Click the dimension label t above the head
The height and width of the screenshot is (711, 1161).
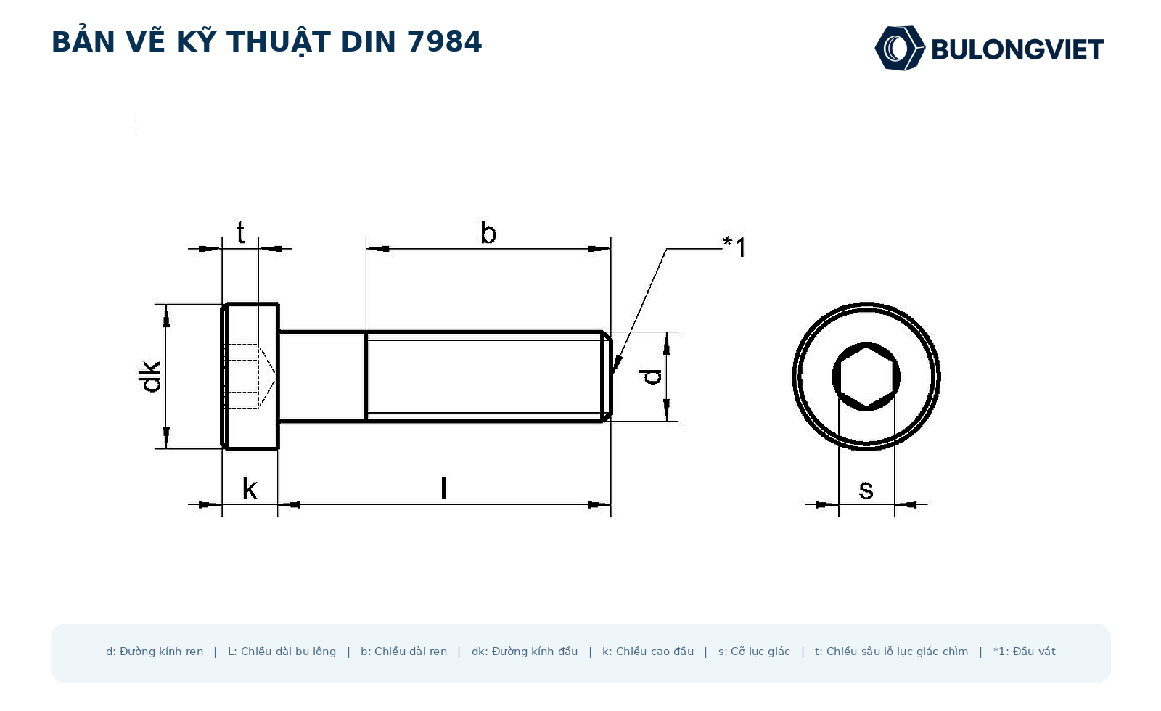(x=240, y=233)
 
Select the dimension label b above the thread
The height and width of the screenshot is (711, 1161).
(x=488, y=233)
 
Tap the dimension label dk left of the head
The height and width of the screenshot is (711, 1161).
(x=149, y=377)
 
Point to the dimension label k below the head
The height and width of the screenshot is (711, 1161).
(x=250, y=489)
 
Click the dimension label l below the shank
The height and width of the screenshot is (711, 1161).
(x=443, y=489)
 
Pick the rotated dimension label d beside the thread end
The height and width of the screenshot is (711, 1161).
(x=652, y=377)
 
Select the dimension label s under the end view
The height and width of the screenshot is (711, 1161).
(x=866, y=490)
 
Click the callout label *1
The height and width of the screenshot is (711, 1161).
(x=734, y=247)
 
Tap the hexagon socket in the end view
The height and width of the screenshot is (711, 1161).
(x=866, y=377)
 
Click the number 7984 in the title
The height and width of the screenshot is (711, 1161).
(x=445, y=42)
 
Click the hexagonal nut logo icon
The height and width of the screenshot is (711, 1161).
(x=900, y=48)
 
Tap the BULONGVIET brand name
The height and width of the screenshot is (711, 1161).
(x=1017, y=50)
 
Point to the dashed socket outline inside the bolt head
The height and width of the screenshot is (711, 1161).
(x=249, y=377)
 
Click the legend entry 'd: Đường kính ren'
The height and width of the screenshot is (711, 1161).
(x=155, y=652)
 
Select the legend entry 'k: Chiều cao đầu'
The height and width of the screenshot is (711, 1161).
(x=648, y=652)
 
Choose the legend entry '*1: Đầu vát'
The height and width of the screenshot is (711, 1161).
(x=1024, y=652)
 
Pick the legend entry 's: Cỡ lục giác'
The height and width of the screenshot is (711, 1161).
(x=754, y=652)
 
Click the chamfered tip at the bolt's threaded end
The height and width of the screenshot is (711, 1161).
(x=607, y=377)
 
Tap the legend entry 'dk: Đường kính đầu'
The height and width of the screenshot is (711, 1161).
(x=525, y=652)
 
